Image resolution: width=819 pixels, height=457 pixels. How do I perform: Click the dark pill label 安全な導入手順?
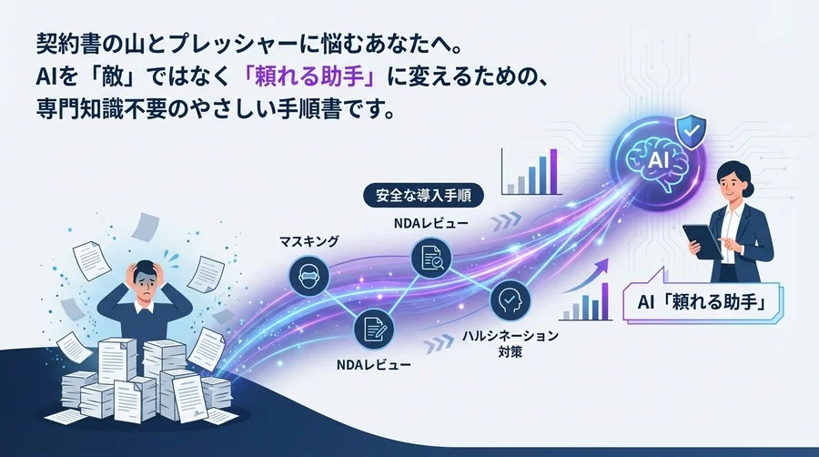[423, 195]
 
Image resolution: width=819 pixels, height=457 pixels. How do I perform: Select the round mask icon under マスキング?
[307, 273]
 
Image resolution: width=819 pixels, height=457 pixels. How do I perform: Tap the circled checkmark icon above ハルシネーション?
[505, 300]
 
